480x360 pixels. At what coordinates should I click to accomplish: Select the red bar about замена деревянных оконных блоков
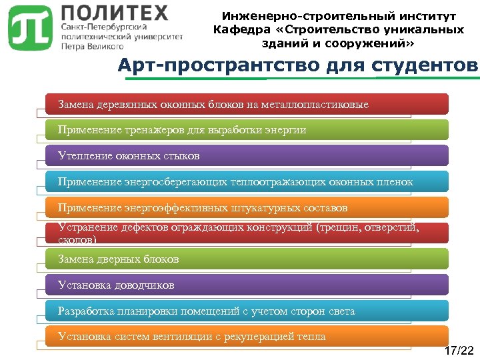pyautogui.click(x=247, y=104)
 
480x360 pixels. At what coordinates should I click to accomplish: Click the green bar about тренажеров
pyautogui.click(x=247, y=130)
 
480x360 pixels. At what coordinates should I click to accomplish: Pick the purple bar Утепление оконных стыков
pyautogui.click(x=247, y=156)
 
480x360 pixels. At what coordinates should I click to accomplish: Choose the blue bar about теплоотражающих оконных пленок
pyautogui.click(x=247, y=181)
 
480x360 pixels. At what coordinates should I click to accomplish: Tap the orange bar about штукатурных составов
pyautogui.click(x=247, y=207)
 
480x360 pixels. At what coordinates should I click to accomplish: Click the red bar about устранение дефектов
pyautogui.click(x=247, y=233)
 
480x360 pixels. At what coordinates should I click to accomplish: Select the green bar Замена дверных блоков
pyautogui.click(x=247, y=259)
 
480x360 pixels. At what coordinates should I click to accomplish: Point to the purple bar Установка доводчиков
pyautogui.click(x=247, y=285)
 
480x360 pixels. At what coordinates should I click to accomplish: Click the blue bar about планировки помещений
pyautogui.click(x=247, y=311)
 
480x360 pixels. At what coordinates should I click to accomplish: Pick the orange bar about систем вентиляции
pyautogui.click(x=247, y=336)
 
